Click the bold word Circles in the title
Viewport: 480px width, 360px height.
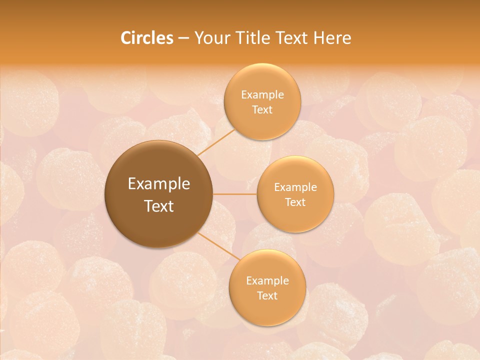(146, 38)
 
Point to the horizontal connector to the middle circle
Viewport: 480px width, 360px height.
(235, 194)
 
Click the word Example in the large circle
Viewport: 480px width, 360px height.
(159, 184)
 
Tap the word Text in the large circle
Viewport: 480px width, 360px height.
(159, 206)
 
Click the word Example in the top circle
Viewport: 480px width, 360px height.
(262, 95)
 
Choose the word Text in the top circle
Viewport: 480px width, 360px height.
(262, 110)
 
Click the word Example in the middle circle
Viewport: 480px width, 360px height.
(295, 187)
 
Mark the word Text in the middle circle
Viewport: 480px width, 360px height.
(295, 202)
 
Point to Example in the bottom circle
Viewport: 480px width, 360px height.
(267, 281)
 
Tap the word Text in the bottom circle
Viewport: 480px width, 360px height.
(267, 296)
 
